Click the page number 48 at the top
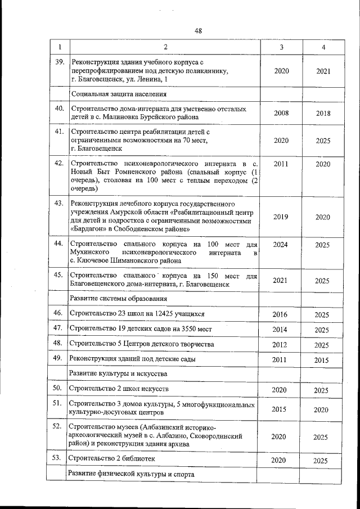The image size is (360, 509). (x=198, y=31)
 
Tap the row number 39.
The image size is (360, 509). (x=58, y=62)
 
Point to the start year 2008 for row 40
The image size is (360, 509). (x=281, y=113)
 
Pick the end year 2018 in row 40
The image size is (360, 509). (x=323, y=113)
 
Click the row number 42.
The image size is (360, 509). (x=58, y=163)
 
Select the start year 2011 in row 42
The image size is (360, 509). (x=281, y=164)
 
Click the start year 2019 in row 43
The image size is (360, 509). (x=281, y=217)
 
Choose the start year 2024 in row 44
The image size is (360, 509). (x=281, y=245)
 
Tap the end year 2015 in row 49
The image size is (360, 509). (x=322, y=359)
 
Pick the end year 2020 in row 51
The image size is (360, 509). (x=322, y=410)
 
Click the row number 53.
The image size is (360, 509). (x=57, y=458)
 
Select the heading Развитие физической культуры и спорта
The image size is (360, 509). (x=131, y=475)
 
